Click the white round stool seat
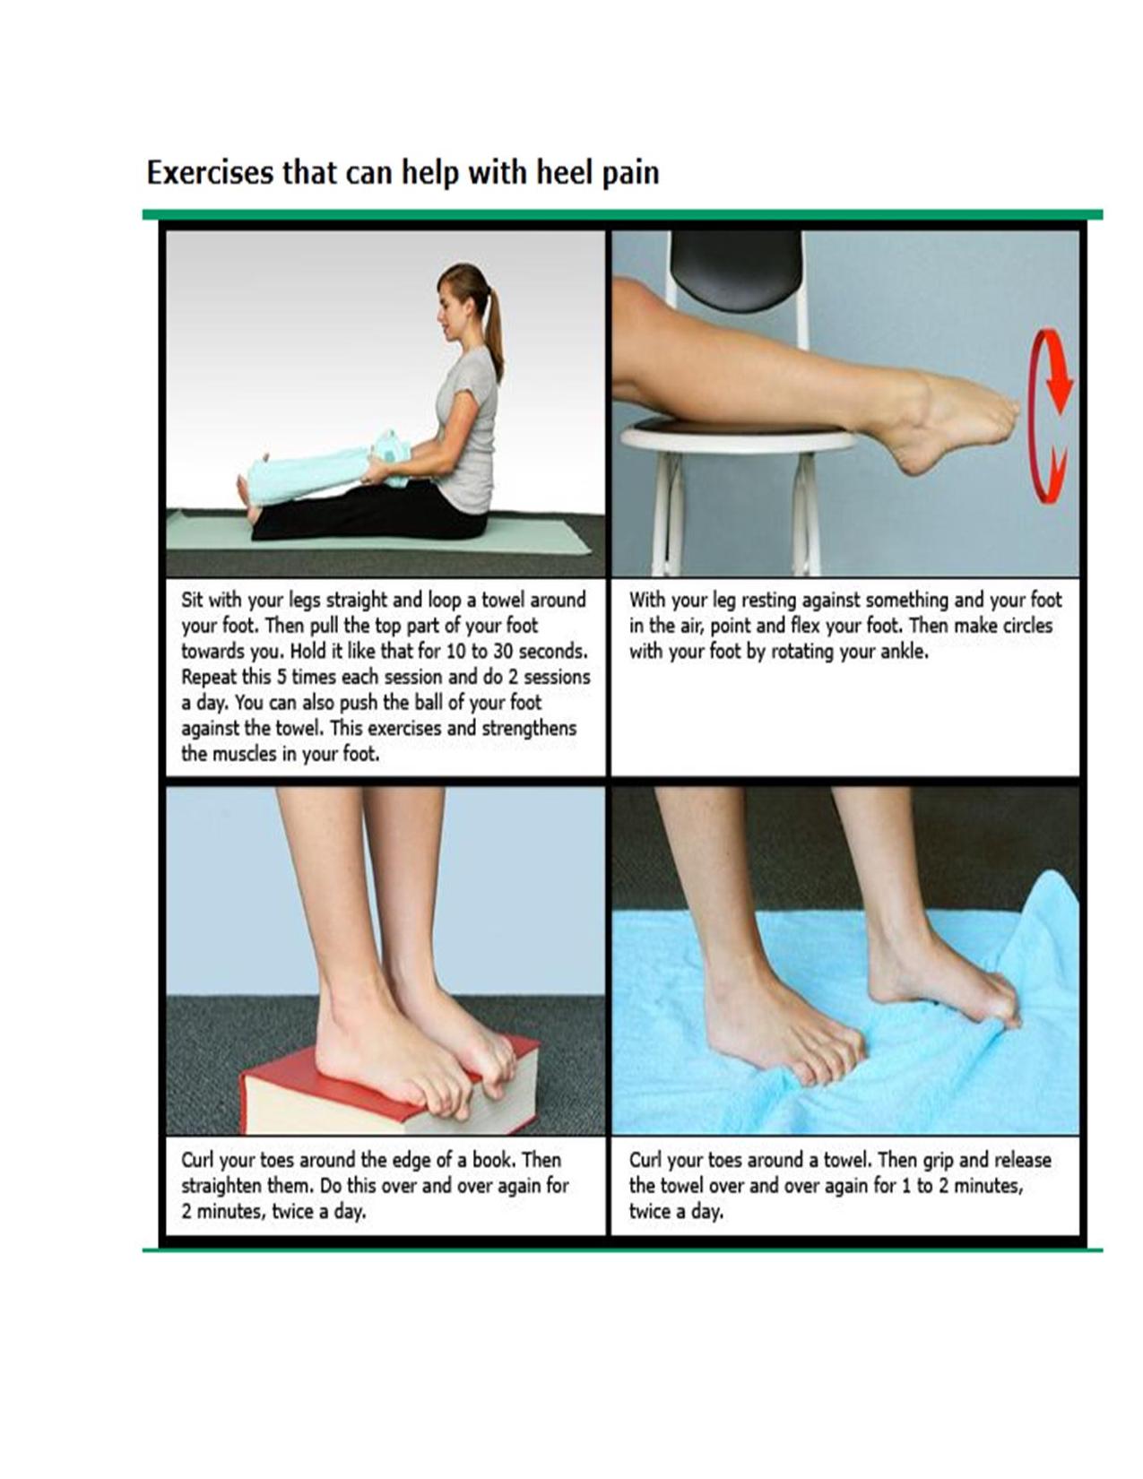[x=740, y=437]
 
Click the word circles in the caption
[x=1028, y=626]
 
